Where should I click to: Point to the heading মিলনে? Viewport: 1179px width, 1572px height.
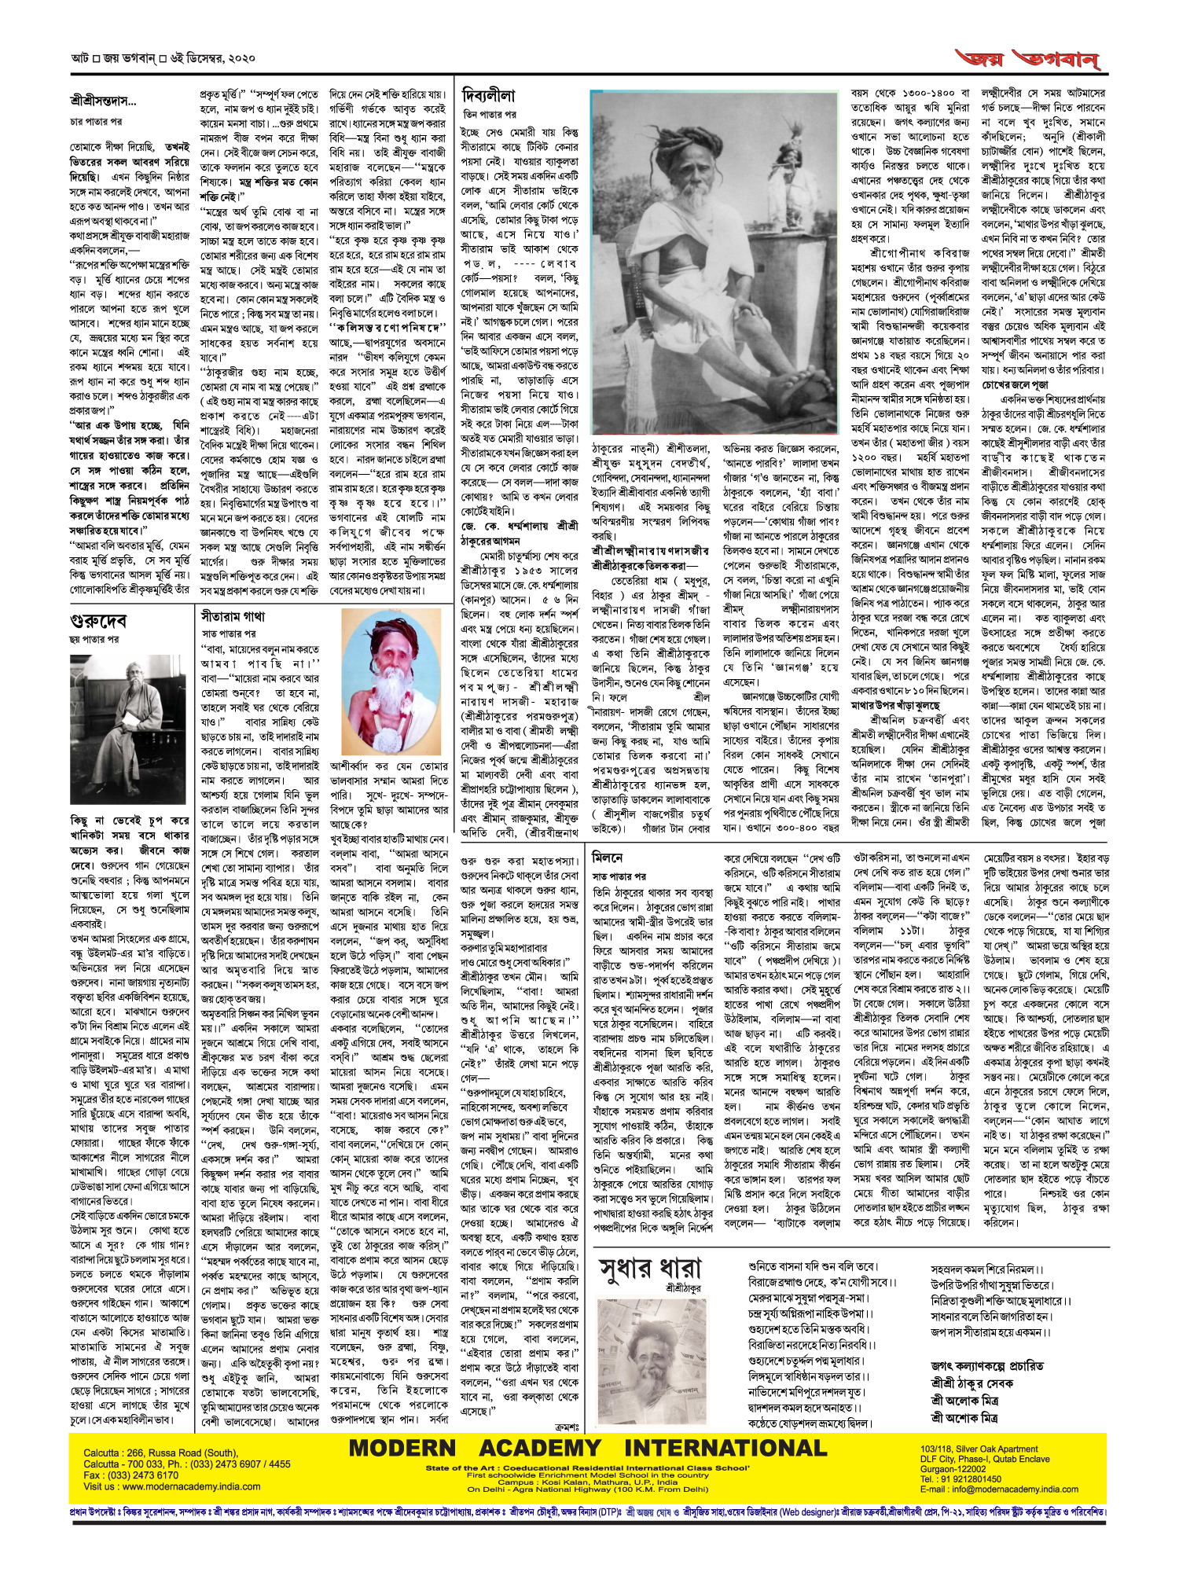click(x=607, y=858)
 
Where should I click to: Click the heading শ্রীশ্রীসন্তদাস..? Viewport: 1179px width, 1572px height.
click(x=103, y=101)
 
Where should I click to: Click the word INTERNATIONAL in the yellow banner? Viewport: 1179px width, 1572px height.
click(x=725, y=1448)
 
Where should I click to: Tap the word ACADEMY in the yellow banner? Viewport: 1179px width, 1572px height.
click(x=540, y=1448)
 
